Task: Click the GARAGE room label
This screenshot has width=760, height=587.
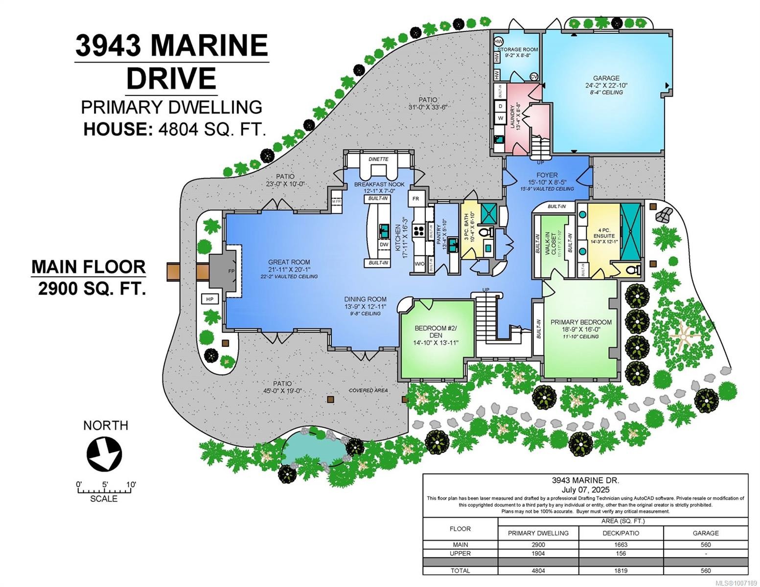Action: (x=606, y=78)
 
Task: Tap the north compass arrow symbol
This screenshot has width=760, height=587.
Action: (x=104, y=454)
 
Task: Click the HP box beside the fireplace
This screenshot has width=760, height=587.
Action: (x=209, y=299)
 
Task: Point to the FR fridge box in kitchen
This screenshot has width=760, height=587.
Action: (x=415, y=199)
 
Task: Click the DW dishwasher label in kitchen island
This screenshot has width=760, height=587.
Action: (x=384, y=244)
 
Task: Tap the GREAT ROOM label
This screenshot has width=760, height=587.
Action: (x=289, y=262)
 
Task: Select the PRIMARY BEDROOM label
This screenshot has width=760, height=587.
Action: (x=581, y=322)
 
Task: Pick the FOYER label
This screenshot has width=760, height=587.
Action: (x=547, y=175)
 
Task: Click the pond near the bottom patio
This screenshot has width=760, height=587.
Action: (x=313, y=448)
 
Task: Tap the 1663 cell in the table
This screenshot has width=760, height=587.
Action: (x=621, y=544)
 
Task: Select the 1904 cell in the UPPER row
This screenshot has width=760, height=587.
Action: (x=538, y=553)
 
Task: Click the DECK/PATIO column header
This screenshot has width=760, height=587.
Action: (x=621, y=533)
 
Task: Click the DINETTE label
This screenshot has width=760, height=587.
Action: (x=378, y=159)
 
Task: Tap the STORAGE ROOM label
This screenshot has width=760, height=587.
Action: (x=518, y=49)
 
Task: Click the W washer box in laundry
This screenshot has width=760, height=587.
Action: (x=501, y=118)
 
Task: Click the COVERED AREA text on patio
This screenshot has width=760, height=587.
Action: (x=368, y=390)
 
